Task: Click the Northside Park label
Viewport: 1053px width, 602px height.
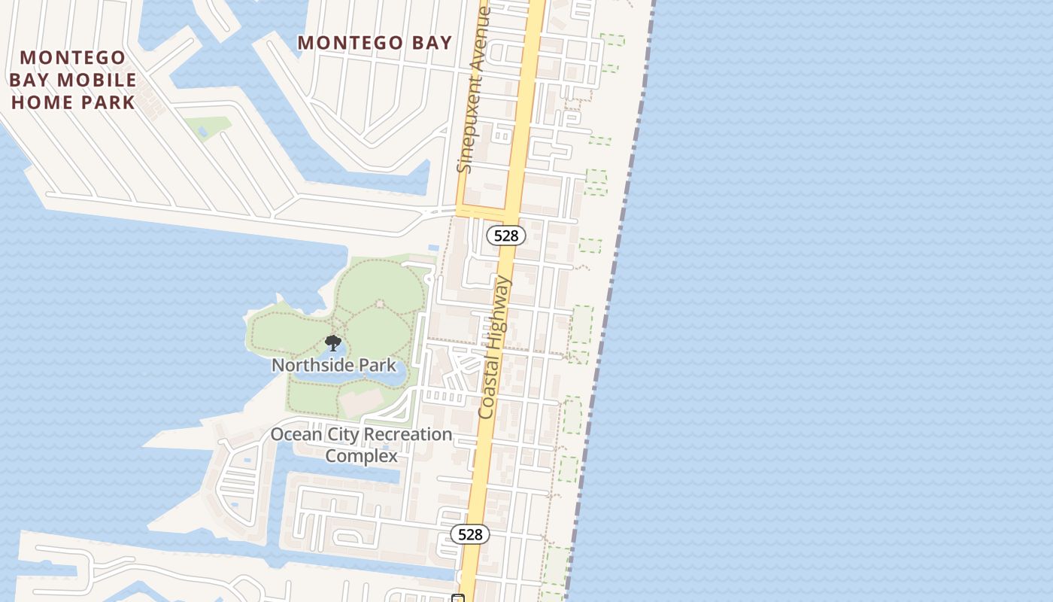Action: [333, 366]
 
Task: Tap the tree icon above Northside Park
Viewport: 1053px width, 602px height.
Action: [332, 344]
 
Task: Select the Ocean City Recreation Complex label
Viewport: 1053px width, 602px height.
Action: [361, 445]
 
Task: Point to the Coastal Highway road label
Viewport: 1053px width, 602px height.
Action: [494, 347]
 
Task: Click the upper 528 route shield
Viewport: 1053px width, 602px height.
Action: [505, 236]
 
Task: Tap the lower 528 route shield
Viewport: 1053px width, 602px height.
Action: [470, 534]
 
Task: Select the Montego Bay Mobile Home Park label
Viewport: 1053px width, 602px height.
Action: [72, 80]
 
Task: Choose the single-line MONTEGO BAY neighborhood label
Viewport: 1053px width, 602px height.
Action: [375, 43]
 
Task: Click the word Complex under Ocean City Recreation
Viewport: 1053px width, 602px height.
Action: [361, 456]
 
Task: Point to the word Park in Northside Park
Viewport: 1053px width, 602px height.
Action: [378, 366]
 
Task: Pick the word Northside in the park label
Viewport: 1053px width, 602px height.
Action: [314, 366]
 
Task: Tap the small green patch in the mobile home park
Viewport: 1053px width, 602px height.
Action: [207, 126]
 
